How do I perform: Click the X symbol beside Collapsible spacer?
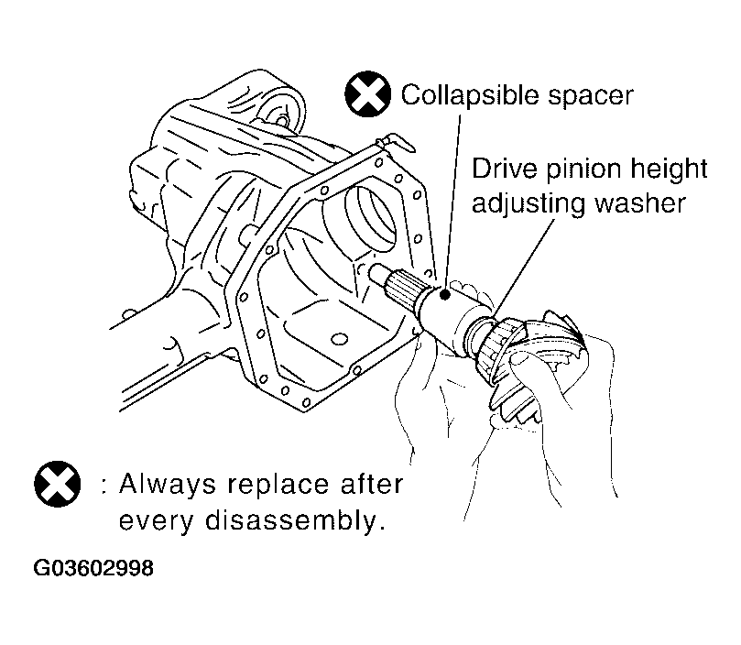coord(368,94)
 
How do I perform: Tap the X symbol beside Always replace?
coord(57,484)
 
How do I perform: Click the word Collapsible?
coord(470,96)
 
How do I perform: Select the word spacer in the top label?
coord(590,98)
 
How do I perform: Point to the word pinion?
coord(583,170)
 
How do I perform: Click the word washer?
coord(639,203)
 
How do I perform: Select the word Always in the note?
coord(168,485)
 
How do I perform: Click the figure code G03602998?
coord(93,567)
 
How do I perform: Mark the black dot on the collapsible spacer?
coord(444,295)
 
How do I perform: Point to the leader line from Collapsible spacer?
coord(452,202)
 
